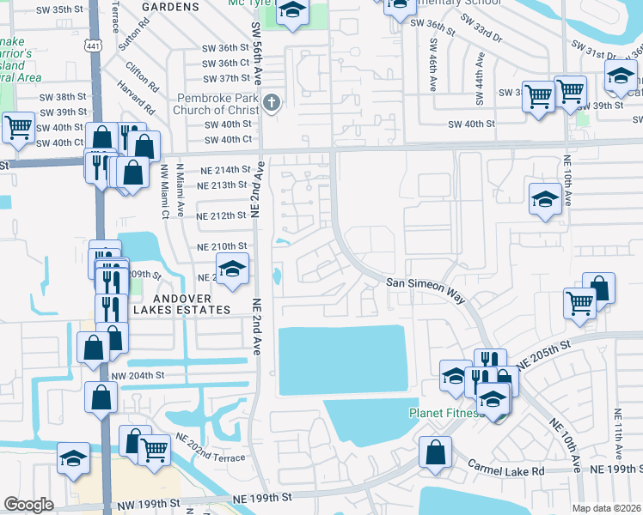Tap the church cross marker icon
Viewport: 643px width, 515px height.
click(x=272, y=104)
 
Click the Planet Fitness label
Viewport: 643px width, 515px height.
click(x=444, y=412)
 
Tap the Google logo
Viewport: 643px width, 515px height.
click(x=28, y=505)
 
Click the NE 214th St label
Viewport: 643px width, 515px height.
click(x=224, y=170)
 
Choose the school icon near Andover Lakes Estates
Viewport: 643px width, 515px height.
click(x=231, y=269)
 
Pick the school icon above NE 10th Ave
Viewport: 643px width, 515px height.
click(x=545, y=200)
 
